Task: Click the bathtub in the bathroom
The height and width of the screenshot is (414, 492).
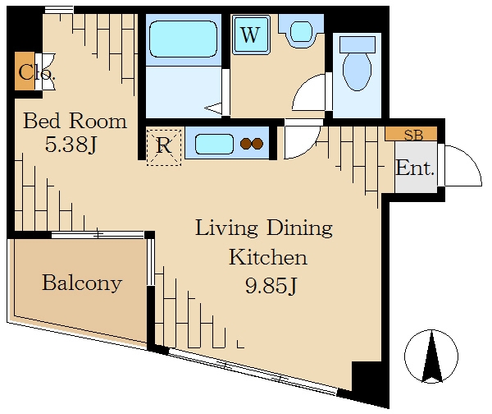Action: [x=184, y=39]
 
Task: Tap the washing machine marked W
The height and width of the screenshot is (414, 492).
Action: [x=251, y=34]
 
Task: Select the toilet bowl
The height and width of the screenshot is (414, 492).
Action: [x=357, y=71]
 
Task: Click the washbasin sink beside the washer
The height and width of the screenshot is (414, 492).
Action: [x=301, y=31]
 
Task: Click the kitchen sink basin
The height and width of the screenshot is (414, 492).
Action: [x=214, y=144]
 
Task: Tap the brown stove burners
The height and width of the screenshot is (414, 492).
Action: [x=252, y=144]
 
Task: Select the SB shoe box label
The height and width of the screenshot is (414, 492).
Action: [x=413, y=136]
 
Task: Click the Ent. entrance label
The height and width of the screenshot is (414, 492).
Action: [x=415, y=168]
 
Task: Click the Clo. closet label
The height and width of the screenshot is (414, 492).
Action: [x=37, y=72]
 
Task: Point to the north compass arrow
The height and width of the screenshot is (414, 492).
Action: [x=432, y=356]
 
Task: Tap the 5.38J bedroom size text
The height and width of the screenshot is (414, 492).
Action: [x=71, y=145]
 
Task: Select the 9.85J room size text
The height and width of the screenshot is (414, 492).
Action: [x=271, y=285]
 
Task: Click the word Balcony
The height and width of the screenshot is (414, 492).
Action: [x=82, y=283]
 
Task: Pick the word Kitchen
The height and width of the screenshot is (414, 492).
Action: [x=268, y=257]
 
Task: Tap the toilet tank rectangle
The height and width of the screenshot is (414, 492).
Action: [x=358, y=44]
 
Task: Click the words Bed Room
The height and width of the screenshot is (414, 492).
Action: [x=75, y=121]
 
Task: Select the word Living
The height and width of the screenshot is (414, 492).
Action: [x=226, y=228]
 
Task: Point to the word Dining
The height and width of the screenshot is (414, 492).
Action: [x=299, y=228]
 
